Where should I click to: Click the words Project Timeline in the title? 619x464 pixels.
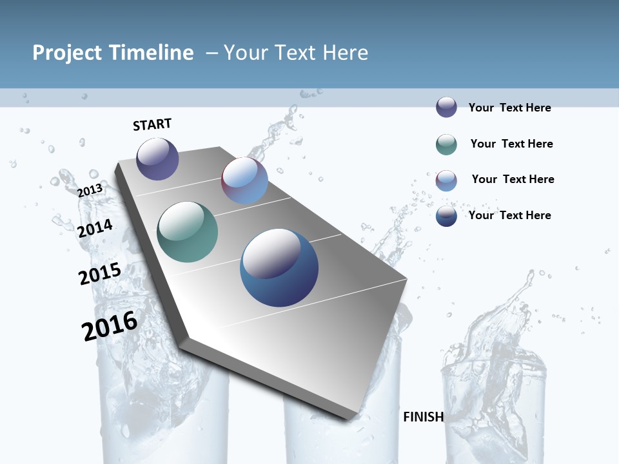[x=113, y=53]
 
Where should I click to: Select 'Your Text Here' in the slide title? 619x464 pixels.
[x=296, y=53]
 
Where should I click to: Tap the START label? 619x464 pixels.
[x=152, y=124]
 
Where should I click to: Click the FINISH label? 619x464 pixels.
[x=423, y=417]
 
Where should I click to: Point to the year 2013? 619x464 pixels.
[x=90, y=191]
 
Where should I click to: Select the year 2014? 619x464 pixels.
[x=95, y=228]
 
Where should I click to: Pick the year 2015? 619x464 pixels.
[x=100, y=273]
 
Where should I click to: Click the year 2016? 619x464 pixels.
[x=110, y=325]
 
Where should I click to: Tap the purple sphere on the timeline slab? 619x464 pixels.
[x=157, y=159]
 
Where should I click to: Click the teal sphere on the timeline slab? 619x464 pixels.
[x=188, y=232]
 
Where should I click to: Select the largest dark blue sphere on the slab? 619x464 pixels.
[x=279, y=267]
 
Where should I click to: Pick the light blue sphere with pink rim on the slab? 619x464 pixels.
[x=244, y=180]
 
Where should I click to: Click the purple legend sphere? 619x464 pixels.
[x=446, y=108]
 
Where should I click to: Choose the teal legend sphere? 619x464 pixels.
[x=446, y=144]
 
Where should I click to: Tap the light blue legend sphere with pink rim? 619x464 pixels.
[x=446, y=180]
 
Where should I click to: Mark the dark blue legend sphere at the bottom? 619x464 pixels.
[x=446, y=216]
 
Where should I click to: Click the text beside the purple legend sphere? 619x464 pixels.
[x=509, y=108]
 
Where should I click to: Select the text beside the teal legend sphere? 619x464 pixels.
[x=511, y=144]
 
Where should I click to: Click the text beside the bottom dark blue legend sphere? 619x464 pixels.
[x=509, y=215]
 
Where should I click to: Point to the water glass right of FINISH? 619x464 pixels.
[x=493, y=400]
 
